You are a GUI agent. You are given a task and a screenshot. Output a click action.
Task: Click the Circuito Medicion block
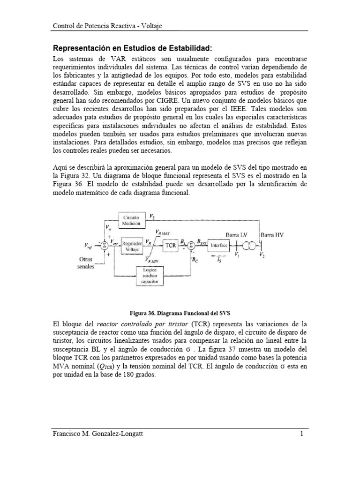pos(132,221)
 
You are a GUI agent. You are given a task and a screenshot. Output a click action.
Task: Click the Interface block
pos(218,245)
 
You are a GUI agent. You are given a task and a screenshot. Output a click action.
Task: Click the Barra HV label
pos(274,233)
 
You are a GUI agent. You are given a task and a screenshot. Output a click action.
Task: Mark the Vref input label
pos(89,246)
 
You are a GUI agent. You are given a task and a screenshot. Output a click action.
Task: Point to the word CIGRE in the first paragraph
pos(210,101)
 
